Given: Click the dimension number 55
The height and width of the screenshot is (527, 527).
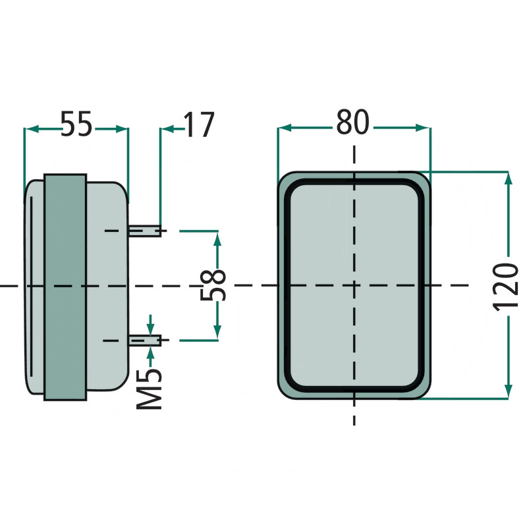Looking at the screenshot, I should point(76,125).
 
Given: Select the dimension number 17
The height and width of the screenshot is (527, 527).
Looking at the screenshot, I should point(198,125).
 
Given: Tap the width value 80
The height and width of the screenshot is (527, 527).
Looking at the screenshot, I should point(353,123).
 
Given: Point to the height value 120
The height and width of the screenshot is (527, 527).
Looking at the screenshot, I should point(507,286).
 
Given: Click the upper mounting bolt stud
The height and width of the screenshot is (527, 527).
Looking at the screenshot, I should point(146,231).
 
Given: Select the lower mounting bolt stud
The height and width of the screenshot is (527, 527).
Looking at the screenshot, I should point(146,340).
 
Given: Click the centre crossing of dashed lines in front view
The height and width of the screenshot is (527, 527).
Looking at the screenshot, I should point(354,285).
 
